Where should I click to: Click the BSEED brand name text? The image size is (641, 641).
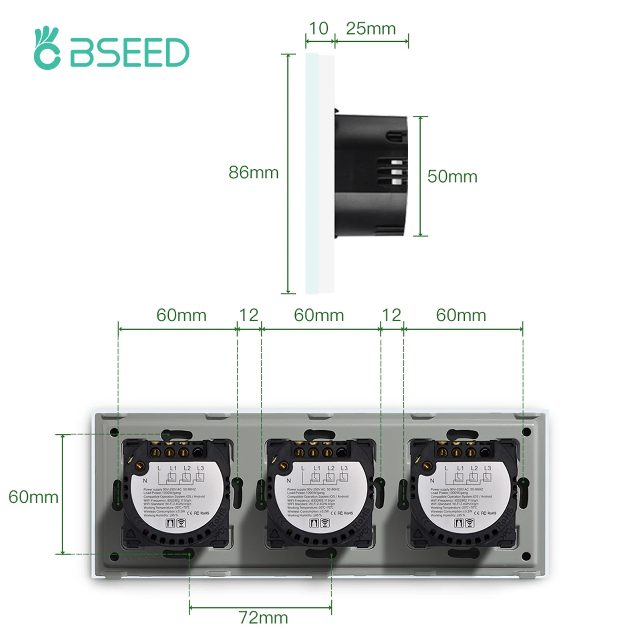tap(129, 52)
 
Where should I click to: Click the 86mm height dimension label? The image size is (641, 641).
tap(253, 173)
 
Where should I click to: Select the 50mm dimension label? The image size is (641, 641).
tap(452, 177)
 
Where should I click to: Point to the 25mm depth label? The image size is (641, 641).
tap(371, 29)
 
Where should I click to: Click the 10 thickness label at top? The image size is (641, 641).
tap(318, 29)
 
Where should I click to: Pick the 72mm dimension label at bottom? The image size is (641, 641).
tap(263, 617)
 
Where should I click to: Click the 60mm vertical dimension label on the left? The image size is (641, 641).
tap(33, 497)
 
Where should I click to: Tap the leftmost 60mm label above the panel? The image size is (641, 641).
tap(181, 315)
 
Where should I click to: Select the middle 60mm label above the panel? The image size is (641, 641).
tap(318, 315)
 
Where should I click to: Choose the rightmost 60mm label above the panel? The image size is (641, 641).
tap(461, 315)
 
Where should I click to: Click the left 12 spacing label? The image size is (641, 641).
tap(248, 315)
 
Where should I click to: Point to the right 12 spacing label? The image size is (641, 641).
tap(391, 315)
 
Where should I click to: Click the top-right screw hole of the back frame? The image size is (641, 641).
tap(526, 432)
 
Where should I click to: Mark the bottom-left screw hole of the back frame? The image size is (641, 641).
tap(114, 556)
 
